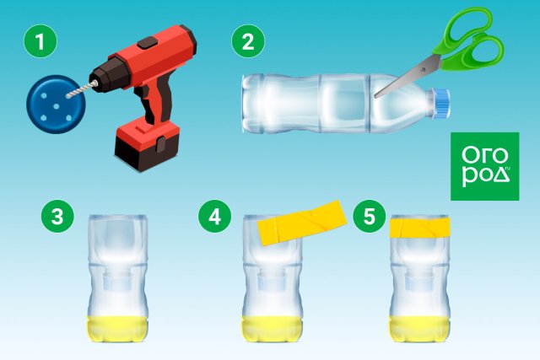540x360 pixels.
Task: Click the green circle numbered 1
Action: [x=40, y=41]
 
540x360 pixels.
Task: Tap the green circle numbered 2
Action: [x=248, y=41]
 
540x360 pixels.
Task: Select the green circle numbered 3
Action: [x=57, y=217]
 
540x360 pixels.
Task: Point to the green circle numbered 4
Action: [x=214, y=217]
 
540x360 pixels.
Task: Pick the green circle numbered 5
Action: [x=370, y=217]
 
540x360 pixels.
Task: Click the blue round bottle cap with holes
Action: [x=56, y=105]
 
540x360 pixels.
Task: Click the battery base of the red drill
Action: [x=147, y=145]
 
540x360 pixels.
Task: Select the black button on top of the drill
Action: [x=148, y=42]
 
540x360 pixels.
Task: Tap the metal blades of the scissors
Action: [x=408, y=77]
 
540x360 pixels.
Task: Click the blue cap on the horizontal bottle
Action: [x=440, y=103]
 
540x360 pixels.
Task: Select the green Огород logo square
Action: [x=485, y=166]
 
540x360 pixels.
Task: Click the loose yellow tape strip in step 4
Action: [x=302, y=223]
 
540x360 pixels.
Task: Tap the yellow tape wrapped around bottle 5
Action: [x=419, y=227]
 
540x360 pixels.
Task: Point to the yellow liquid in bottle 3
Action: [x=116, y=329]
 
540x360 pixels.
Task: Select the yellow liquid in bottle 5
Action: [x=419, y=329]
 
